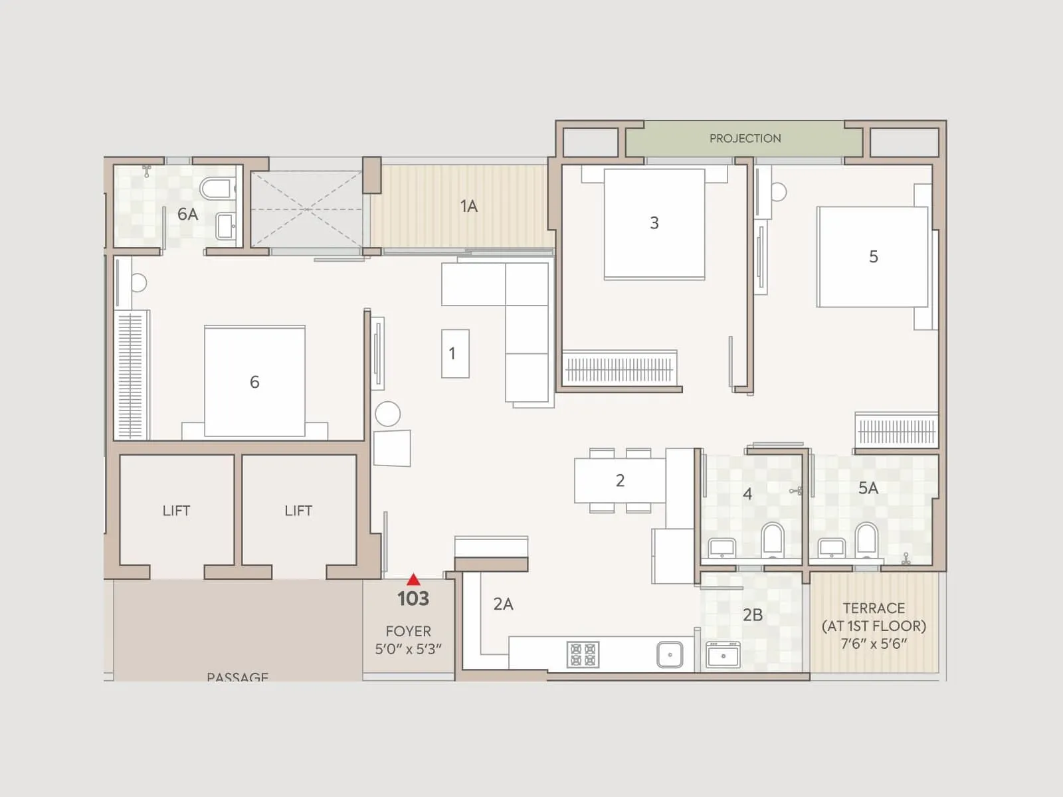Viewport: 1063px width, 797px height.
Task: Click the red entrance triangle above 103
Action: (413, 579)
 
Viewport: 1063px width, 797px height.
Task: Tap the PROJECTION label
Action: (745, 139)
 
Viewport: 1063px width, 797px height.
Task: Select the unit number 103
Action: (413, 599)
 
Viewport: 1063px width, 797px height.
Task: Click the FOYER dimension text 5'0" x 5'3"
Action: (408, 649)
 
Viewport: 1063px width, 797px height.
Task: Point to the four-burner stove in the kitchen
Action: (583, 654)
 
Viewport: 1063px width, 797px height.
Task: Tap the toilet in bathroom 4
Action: (773, 539)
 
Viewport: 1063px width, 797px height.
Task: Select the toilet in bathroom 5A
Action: (866, 539)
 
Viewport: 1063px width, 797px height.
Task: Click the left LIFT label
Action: (176, 511)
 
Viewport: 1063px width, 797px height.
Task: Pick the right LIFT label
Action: (298, 511)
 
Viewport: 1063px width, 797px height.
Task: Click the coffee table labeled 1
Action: (455, 353)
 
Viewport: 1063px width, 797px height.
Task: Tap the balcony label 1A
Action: (468, 207)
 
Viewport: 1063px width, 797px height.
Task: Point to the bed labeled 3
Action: (654, 224)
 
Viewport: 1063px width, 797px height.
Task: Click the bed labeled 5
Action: (872, 257)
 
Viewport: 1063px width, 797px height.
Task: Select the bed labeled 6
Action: (254, 382)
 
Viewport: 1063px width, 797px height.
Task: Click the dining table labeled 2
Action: (620, 481)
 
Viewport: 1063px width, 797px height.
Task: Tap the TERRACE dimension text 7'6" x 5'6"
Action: (874, 644)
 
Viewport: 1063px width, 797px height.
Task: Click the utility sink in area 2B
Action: (723, 656)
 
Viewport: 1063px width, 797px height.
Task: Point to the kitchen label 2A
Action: (503, 604)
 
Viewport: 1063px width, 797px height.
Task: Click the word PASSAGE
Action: (237, 677)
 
